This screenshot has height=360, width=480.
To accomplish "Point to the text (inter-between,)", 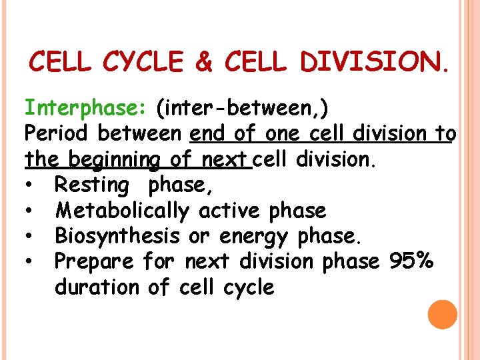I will (245, 107).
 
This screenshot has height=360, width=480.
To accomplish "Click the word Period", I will (57, 133).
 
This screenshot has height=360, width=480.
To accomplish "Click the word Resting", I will (92, 185).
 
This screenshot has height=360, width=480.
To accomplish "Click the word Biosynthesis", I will (117, 236).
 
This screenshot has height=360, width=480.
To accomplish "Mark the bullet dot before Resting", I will (31, 185).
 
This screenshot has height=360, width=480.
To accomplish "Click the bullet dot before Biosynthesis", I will (31, 236).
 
